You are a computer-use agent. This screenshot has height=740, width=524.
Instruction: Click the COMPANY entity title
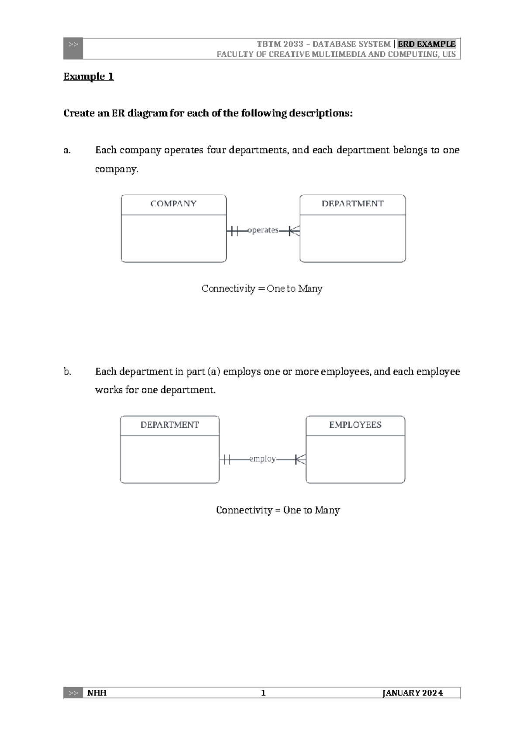pos(173,204)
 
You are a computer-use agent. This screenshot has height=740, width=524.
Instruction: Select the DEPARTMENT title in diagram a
pos(352,204)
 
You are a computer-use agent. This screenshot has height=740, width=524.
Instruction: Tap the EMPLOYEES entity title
pos(355,425)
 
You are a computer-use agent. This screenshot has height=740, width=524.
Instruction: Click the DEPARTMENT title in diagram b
pos(169,425)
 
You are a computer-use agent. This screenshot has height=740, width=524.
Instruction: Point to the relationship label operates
pos(262,230)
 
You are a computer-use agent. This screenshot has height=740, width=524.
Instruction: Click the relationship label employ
pos(262,459)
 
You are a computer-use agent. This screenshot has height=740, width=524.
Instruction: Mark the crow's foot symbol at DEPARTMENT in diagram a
pos(294,230)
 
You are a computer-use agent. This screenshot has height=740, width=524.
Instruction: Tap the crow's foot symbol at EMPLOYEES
pos(300,459)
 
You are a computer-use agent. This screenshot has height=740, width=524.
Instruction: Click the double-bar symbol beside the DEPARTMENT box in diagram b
pos(226,459)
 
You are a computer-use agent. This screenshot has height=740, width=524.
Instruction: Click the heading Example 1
pos(89,77)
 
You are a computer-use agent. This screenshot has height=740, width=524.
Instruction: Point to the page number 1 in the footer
pos(263,693)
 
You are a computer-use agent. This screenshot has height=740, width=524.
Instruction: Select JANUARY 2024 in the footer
pos(413,693)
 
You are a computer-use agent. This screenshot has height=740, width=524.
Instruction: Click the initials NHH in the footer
pos(97,693)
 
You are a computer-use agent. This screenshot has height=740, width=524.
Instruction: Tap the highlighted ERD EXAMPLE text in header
pos(427,44)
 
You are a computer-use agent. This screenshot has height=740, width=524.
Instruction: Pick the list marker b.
pos(67,372)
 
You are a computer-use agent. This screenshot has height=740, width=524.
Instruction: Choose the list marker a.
pos(66,151)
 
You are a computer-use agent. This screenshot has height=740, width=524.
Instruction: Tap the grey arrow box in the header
pos(73,48)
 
